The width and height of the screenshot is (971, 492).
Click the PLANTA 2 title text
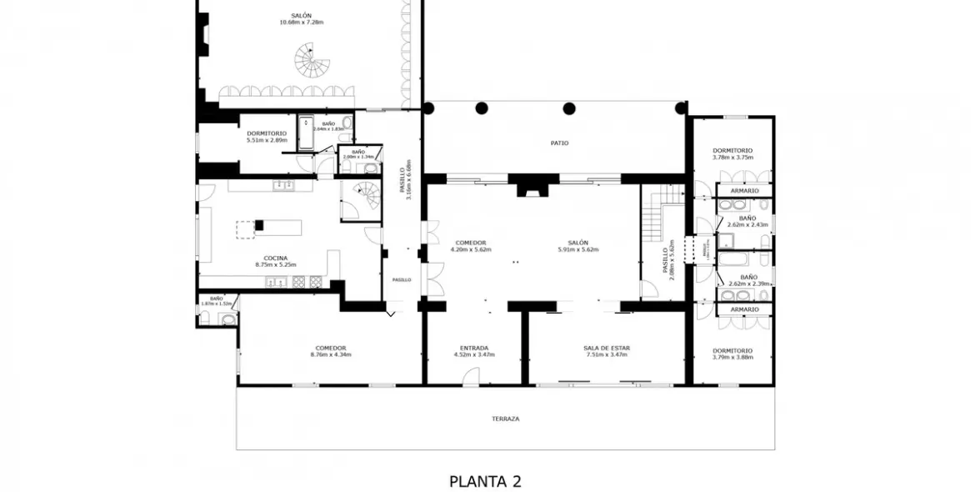[x=485, y=481]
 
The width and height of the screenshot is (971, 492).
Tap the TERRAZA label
[x=505, y=419]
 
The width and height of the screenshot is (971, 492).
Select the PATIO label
[x=559, y=143]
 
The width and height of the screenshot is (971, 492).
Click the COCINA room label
[x=276, y=259]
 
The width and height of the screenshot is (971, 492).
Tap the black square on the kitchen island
[x=259, y=224]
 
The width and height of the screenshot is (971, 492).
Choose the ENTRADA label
[x=473, y=349]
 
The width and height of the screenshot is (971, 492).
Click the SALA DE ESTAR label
[x=606, y=349]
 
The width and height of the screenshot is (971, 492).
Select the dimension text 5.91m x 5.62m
[x=578, y=250]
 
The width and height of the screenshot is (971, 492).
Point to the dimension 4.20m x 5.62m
[x=471, y=250]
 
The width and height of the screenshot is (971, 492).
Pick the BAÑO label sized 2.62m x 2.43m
[x=748, y=218]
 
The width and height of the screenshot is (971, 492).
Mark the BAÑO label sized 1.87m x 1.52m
[x=216, y=299]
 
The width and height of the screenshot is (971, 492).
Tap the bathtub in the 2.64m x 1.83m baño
[x=306, y=132]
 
